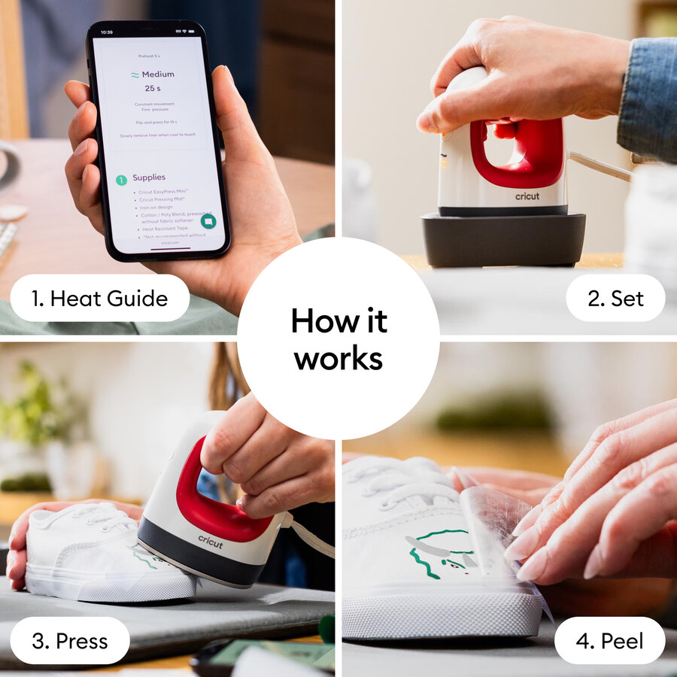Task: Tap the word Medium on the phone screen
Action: (x=158, y=74)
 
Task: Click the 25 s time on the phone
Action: (x=154, y=88)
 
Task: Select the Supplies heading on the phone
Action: (x=149, y=178)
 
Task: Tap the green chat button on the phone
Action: (x=208, y=221)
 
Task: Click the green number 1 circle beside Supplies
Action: (x=120, y=180)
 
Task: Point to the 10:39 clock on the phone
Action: (x=106, y=32)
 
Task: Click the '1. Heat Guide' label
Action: (x=99, y=298)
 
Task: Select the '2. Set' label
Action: (x=615, y=298)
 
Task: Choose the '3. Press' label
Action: (x=70, y=641)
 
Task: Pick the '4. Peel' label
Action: (x=610, y=641)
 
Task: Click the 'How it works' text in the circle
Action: (x=338, y=339)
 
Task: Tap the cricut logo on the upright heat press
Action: (x=527, y=196)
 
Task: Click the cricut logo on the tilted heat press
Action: (x=210, y=541)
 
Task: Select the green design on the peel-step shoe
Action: (x=436, y=553)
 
